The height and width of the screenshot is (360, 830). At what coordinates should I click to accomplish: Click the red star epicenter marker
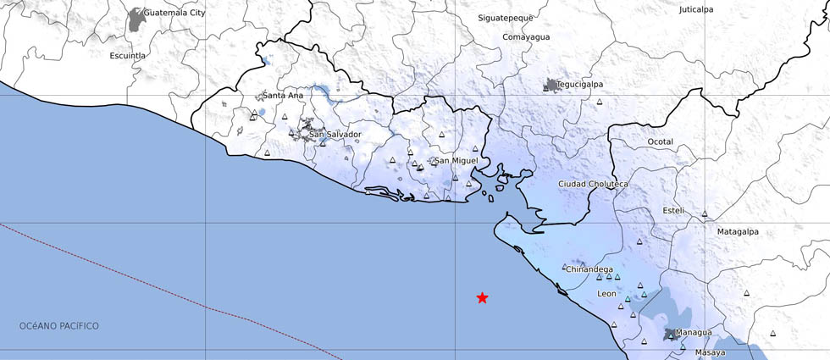tap(482, 297)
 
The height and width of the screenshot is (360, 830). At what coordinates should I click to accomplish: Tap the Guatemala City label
tap(174, 14)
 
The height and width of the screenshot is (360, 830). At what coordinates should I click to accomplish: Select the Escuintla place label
tap(128, 56)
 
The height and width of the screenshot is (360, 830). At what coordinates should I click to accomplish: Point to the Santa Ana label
tap(283, 96)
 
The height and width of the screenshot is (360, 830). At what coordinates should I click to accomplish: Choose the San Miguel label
tap(456, 160)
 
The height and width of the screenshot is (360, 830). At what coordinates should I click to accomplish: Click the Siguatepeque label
tap(505, 18)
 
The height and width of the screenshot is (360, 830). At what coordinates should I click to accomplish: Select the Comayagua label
tap(526, 37)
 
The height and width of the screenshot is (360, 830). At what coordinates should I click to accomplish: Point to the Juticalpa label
tap(696, 10)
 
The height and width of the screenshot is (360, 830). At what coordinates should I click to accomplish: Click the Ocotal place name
tap(660, 141)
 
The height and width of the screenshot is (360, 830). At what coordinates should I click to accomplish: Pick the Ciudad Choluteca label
tap(593, 184)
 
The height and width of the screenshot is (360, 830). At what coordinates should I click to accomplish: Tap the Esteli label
tap(673, 209)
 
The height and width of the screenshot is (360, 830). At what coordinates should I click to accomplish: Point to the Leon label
tap(606, 294)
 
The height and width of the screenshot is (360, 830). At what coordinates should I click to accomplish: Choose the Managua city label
tap(694, 333)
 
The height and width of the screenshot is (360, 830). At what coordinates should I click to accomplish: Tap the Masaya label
tap(710, 352)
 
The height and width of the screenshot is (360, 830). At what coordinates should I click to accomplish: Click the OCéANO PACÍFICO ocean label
tap(59, 326)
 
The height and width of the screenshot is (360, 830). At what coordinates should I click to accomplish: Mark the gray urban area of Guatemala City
tap(136, 20)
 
